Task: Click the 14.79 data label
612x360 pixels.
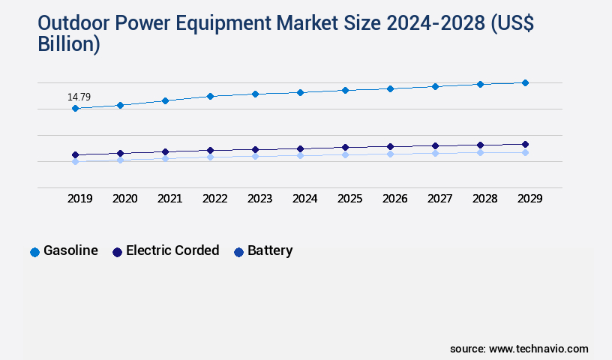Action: [x=79, y=97]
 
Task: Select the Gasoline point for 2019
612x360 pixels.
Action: [x=75, y=109]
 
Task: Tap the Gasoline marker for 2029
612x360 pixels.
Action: [x=525, y=82]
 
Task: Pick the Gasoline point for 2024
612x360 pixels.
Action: [x=300, y=92]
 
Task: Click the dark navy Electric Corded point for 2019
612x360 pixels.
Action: [x=75, y=155]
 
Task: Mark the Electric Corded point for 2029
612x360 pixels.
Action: [x=525, y=144]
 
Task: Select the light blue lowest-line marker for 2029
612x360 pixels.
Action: [x=525, y=152]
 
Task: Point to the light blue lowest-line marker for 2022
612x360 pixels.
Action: [x=210, y=157]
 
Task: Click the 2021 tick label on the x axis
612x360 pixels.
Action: [x=169, y=199]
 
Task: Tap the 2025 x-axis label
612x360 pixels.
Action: [x=349, y=199]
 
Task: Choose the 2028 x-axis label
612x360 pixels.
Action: [x=484, y=199]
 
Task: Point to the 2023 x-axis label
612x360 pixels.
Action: [x=259, y=199]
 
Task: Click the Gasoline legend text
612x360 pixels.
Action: [x=70, y=251]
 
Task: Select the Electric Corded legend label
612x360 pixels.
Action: [x=172, y=251]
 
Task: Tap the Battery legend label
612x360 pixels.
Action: [x=270, y=251]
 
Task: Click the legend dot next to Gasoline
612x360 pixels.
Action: [x=34, y=252]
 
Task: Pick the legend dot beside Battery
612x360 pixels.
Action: [x=238, y=252]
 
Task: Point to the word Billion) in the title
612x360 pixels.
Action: [x=68, y=44]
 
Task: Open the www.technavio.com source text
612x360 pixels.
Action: [x=538, y=349]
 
